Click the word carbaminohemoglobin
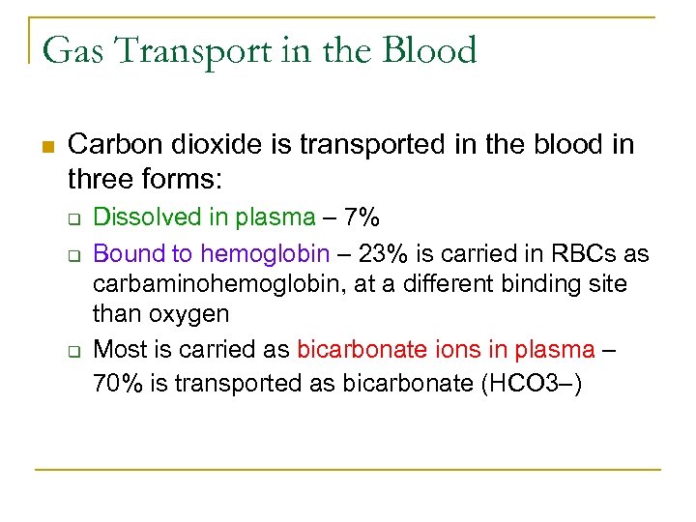tap(211, 284)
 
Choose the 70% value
tap(115, 383)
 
